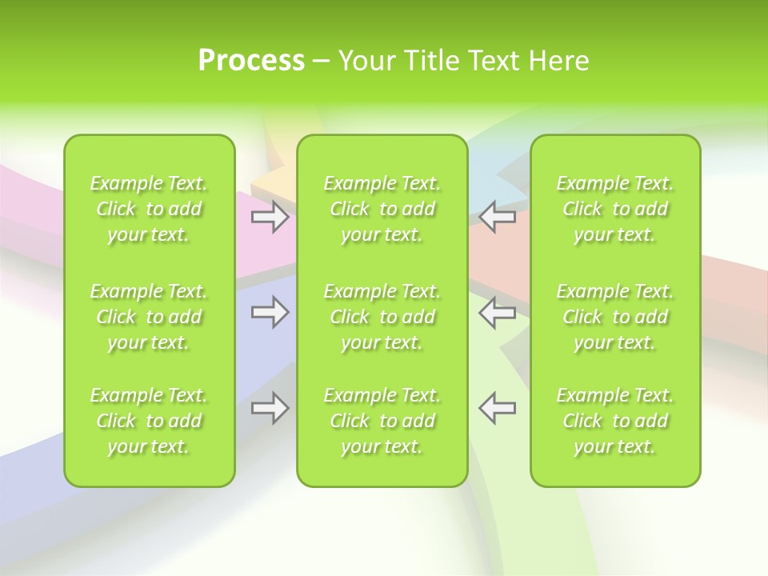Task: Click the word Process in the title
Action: click(x=251, y=61)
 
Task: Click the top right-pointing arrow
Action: click(x=270, y=217)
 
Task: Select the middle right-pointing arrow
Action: click(x=270, y=312)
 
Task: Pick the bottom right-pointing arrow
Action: click(x=270, y=408)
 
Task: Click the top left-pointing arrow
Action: click(x=498, y=217)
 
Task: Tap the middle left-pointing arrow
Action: click(x=498, y=312)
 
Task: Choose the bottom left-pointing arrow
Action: click(x=498, y=408)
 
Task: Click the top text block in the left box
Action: click(x=149, y=209)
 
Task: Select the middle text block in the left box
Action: click(x=149, y=317)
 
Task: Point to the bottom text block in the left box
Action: click(x=149, y=421)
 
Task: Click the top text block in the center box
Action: click(x=382, y=209)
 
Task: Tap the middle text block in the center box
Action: click(x=382, y=317)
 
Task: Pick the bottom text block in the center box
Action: click(x=382, y=421)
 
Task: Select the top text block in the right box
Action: click(x=615, y=209)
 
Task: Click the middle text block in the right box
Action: click(x=615, y=317)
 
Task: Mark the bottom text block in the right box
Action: click(x=615, y=421)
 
